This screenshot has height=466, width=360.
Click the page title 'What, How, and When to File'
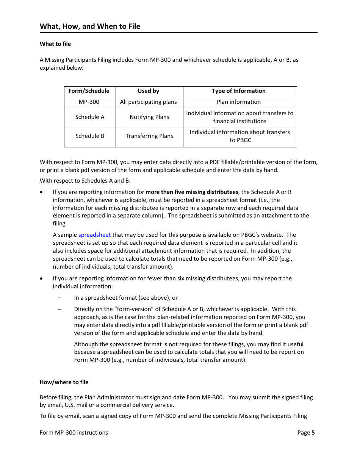tap(90, 26)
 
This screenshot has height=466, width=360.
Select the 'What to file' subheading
tap(55, 44)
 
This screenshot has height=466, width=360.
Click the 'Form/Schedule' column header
tap(89, 91)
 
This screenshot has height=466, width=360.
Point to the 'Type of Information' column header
tap(239, 91)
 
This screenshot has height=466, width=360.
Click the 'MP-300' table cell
tap(89, 102)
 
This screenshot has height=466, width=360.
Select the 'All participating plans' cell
tap(149, 102)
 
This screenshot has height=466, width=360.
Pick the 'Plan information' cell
tap(239, 102)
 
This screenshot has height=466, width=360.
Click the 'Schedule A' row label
tap(90, 117)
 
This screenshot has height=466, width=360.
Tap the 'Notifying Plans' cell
tap(149, 117)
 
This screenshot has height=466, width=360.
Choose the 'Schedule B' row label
tap(90, 136)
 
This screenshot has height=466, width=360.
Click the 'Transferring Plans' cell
tap(149, 136)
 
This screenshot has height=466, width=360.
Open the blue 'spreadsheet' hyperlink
tap(94, 235)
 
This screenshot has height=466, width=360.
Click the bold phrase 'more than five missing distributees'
tap(192, 192)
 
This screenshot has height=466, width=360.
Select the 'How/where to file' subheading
tap(64, 382)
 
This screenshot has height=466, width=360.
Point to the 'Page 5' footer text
tap(306, 433)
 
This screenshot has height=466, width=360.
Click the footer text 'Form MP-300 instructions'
tap(74, 433)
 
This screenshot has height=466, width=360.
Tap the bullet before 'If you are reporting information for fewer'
tap(41, 278)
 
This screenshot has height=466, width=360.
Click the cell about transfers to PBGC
tap(239, 136)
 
